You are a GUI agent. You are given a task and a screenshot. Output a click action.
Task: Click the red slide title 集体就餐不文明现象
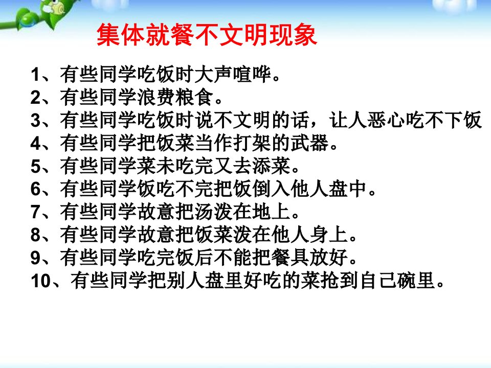tap(207, 35)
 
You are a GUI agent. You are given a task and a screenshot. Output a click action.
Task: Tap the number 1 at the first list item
tap(36, 75)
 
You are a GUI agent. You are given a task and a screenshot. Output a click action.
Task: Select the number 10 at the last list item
tap(41, 281)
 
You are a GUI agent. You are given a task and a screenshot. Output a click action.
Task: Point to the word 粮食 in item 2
tap(194, 97)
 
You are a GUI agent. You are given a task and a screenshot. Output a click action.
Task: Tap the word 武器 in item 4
tap(310, 143)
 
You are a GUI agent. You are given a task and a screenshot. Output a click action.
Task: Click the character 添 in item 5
tap(262, 166)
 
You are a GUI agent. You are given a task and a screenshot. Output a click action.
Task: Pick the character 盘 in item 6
tap(339, 189)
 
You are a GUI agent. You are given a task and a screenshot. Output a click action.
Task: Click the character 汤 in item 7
tap(204, 212)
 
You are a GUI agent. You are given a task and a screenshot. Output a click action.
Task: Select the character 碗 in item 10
tap(407, 281)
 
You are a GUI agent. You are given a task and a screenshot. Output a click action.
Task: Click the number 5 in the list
tap(35, 167)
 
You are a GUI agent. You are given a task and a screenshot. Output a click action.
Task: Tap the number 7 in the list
tap(35, 212)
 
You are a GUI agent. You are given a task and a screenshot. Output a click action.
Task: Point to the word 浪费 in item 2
tap(156, 97)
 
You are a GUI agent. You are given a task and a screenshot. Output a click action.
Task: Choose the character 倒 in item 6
tap(262, 189)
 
